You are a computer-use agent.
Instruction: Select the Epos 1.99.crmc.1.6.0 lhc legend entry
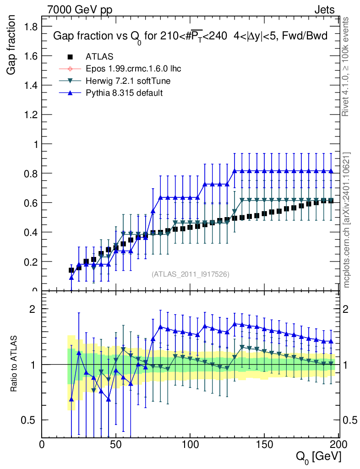[x=133, y=69]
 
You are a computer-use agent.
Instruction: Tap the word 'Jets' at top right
[x=325, y=10]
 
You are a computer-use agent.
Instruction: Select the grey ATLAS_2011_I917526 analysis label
[x=191, y=274]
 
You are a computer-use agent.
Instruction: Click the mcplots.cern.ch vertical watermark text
[x=347, y=220]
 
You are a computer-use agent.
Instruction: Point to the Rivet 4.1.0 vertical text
[x=347, y=66]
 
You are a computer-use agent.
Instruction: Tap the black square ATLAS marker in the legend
[x=70, y=57]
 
